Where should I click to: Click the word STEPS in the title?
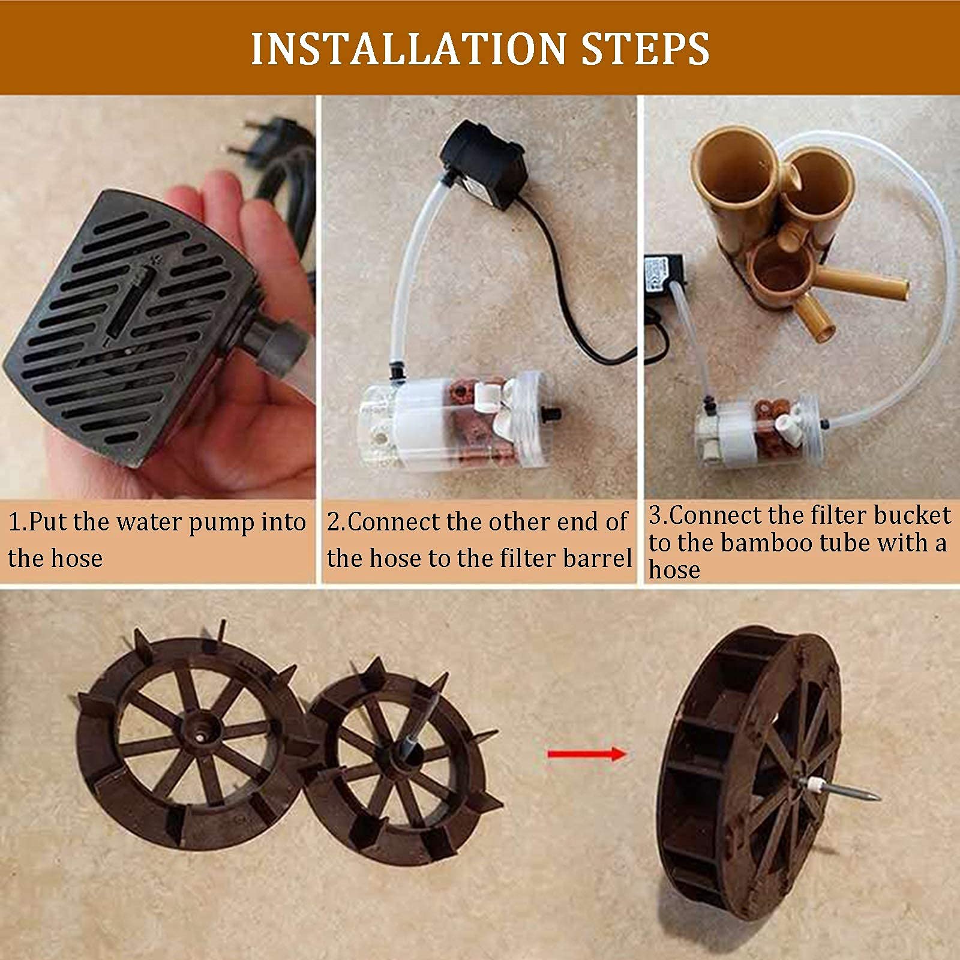point(646,49)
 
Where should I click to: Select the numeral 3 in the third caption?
point(656,516)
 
